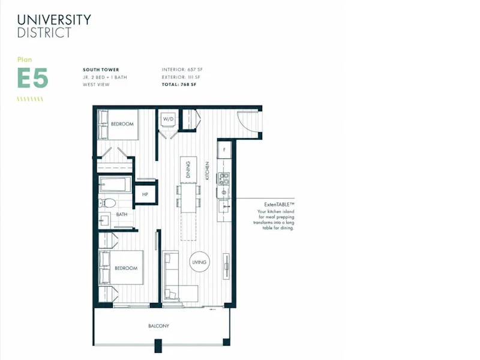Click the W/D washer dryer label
coord(168,119)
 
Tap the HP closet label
coord(145,194)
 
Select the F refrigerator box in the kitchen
coord(224,149)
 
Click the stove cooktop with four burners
coord(224,179)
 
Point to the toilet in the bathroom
coord(107,202)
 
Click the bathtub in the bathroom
coord(112,185)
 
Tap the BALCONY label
coord(158,326)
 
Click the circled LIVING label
coord(199,262)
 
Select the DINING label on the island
coord(188,169)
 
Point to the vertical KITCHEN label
coord(207,171)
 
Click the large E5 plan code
coord(33,78)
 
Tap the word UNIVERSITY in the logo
coord(54,20)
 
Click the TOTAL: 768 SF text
coord(179,85)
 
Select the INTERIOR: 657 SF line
coord(182,70)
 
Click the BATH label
coord(122,214)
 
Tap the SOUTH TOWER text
coord(101,70)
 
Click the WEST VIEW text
coord(96,85)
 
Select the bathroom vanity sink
coord(104,220)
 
